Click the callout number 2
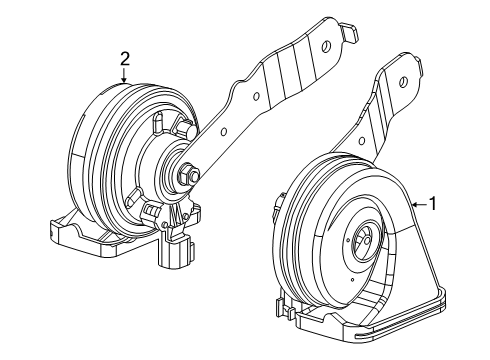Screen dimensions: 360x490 tap(124, 59)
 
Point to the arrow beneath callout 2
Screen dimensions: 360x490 tap(124, 75)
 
